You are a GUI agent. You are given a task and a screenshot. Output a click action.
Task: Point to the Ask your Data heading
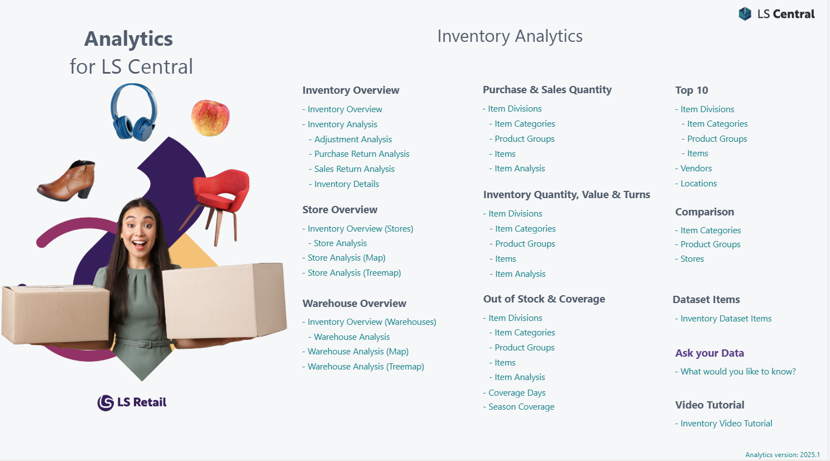(709, 353)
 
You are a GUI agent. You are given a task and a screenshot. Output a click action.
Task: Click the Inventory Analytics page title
(510, 36)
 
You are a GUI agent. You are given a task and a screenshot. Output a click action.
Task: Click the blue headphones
(133, 112)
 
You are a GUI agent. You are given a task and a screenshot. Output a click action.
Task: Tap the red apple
(210, 118)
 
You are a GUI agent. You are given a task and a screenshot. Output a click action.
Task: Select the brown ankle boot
(66, 180)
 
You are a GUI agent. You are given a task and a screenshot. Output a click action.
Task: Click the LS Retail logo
(132, 402)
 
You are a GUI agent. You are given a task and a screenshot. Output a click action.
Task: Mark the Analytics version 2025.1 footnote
(783, 455)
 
